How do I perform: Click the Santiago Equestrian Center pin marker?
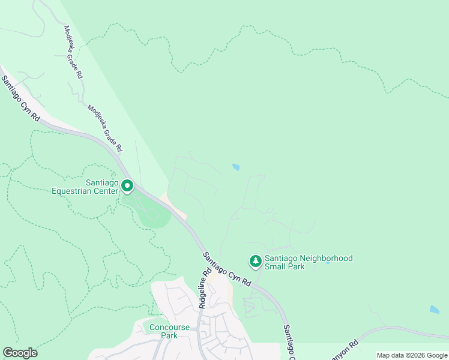click(127, 186)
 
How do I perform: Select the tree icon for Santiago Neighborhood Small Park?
click(256, 261)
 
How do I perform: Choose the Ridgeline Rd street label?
click(205, 288)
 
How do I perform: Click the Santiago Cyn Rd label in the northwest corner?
click(19, 100)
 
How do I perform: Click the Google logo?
click(20, 353)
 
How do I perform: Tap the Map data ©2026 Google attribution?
click(411, 355)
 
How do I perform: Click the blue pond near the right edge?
click(434, 310)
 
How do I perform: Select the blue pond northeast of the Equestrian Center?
click(236, 167)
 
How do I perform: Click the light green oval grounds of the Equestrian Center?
click(150, 213)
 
